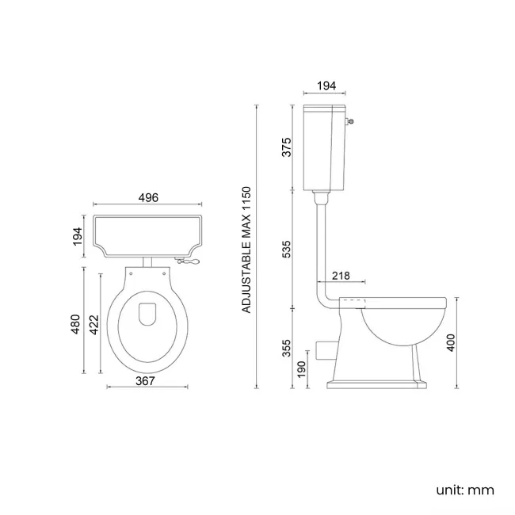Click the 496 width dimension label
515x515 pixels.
147,198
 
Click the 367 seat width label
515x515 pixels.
144,380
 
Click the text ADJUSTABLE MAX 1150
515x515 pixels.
246,250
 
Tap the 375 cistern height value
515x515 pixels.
287,147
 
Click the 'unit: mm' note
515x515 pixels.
465,490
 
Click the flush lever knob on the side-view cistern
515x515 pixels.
351,121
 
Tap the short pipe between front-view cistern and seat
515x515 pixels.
147,261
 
